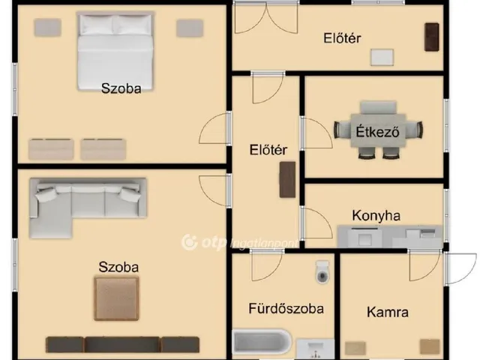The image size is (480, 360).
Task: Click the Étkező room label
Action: point(377,131)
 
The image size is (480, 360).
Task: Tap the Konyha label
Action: point(376,215)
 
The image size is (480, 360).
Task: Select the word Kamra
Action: point(388,312)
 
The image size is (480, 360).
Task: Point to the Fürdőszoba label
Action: point(286,308)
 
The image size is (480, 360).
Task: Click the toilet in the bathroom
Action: point(322,272)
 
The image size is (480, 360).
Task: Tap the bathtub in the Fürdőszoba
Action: point(262,343)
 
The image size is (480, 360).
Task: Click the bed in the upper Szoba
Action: point(115,52)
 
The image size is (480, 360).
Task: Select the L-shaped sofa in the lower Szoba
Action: point(88,207)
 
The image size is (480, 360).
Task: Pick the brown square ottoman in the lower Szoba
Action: point(117,298)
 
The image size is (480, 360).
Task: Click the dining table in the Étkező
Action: point(378,130)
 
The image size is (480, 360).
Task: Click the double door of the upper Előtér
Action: point(266,18)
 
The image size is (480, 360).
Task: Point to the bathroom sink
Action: point(316,349)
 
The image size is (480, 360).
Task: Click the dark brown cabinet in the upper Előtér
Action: point(432,37)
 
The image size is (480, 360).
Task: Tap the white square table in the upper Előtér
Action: point(382,57)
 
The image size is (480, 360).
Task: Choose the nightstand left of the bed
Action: point(47,28)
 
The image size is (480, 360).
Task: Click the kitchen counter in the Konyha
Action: point(390,237)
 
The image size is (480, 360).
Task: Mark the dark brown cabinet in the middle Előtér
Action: point(287,180)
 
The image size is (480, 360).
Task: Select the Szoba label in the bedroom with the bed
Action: point(121,88)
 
